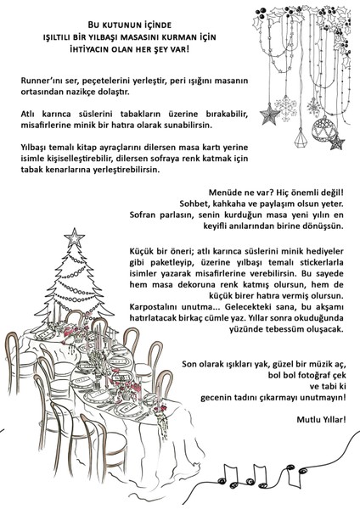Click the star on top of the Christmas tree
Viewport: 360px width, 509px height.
(76, 234)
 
